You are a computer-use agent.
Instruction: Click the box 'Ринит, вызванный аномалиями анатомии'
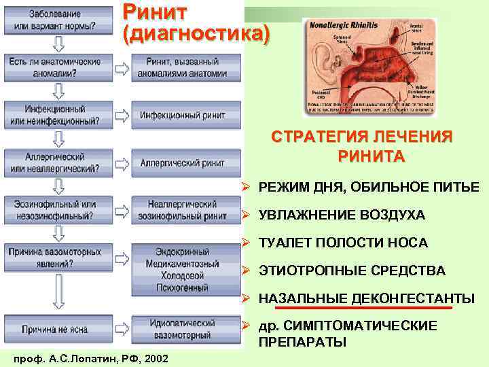[x=182, y=67]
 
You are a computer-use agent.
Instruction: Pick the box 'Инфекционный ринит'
[x=182, y=116]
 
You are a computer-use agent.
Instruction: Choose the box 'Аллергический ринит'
[x=182, y=163]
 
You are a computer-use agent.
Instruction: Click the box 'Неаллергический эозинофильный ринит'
[x=182, y=210]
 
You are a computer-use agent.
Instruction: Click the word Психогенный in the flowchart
[x=182, y=288]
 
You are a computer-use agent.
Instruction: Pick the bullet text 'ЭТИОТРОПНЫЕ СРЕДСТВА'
[x=352, y=271]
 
